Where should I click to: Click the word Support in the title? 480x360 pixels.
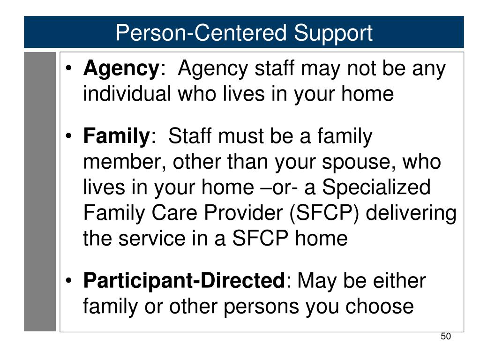pos(333,34)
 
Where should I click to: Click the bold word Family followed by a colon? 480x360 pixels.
pos(116,136)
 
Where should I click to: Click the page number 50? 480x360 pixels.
pos(446,337)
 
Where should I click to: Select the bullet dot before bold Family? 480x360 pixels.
pos(69,135)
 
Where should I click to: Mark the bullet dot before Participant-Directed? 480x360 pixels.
pos(69,280)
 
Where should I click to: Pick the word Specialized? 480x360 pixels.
pos(376,187)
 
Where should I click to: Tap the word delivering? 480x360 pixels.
pos(411,213)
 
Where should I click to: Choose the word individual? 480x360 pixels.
pos(127,93)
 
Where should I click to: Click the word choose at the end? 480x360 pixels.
pos(380,307)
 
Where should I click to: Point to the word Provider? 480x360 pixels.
pos(243,212)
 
